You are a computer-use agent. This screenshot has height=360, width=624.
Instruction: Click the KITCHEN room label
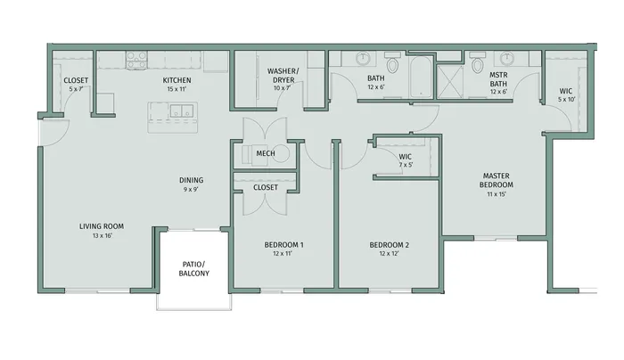coord(177,80)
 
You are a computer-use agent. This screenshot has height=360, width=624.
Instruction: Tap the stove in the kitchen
coord(136,60)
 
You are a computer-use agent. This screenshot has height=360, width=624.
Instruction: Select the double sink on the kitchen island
coord(182,110)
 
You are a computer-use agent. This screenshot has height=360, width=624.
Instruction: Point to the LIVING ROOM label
coord(102,226)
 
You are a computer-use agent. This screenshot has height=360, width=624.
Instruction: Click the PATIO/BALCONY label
coord(193,268)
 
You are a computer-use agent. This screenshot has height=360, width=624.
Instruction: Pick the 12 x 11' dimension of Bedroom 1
coord(283,253)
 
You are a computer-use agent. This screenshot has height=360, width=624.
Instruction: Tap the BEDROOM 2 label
coord(390,245)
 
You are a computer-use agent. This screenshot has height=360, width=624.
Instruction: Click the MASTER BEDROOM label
coord(497,180)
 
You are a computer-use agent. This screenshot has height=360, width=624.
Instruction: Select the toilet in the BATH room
coord(393,62)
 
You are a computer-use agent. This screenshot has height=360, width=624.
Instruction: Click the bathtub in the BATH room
coord(422,78)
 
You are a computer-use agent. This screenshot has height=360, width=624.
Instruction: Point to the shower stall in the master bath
coord(450,81)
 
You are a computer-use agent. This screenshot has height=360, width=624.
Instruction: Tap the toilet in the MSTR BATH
coord(478,63)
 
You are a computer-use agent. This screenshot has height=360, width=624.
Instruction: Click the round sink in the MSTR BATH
coord(507,59)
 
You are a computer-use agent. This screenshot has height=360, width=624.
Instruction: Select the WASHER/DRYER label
coord(283,75)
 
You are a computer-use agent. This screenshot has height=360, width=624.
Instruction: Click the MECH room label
coord(266,153)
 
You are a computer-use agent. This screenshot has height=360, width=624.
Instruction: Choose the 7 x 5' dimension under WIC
coord(406,165)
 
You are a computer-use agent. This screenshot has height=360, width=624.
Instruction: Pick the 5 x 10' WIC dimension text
coord(567,100)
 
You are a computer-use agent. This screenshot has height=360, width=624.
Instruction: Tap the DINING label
coord(191,180)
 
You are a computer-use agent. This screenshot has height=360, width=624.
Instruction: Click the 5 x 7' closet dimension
coord(76,89)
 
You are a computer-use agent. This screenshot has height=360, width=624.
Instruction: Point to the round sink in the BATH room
coord(363,59)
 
